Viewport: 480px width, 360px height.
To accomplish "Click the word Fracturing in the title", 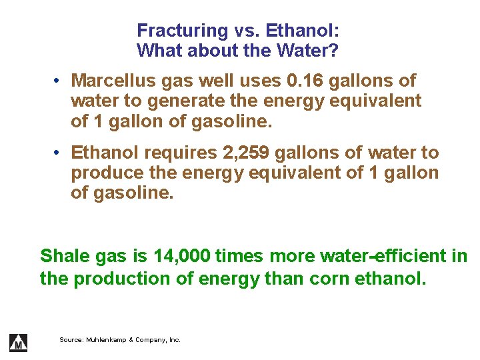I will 173,31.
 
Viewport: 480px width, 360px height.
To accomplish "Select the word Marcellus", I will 111,81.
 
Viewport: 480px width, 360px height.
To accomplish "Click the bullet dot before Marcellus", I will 59,81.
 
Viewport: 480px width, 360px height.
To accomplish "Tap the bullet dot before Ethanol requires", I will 59,153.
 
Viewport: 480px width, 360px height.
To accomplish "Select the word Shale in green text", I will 63,256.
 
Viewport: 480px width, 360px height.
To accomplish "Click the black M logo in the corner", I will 18,341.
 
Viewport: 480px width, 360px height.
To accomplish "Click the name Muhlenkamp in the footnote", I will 105,340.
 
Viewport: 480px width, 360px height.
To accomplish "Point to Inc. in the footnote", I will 174,340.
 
